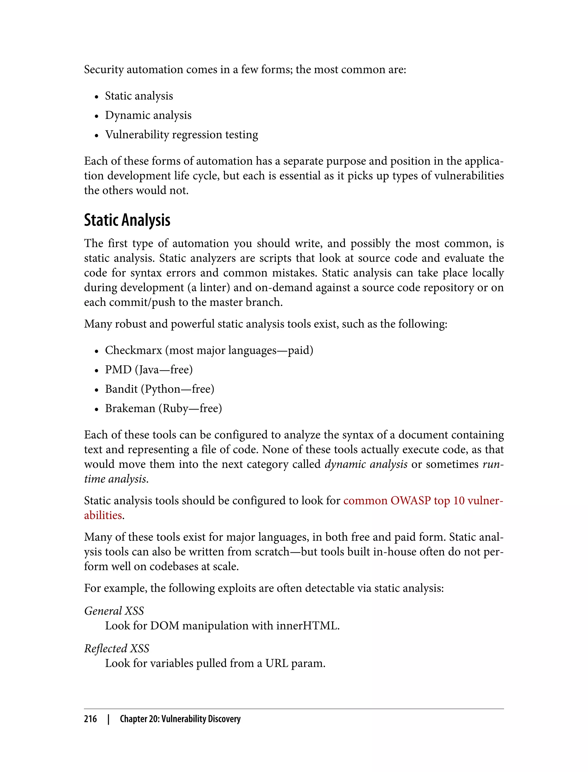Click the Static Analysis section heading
tap(127, 220)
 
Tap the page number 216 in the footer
tap(90, 719)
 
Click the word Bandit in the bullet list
tap(121, 389)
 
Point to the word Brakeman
tap(130, 408)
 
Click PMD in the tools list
tap(118, 370)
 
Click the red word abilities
tap(103, 515)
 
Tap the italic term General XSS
tap(114, 611)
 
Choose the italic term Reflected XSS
tap(117, 649)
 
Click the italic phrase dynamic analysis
tap(366, 464)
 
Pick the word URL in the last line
tap(276, 663)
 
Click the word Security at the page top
tap(104, 70)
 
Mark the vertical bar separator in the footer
tap(109, 719)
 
